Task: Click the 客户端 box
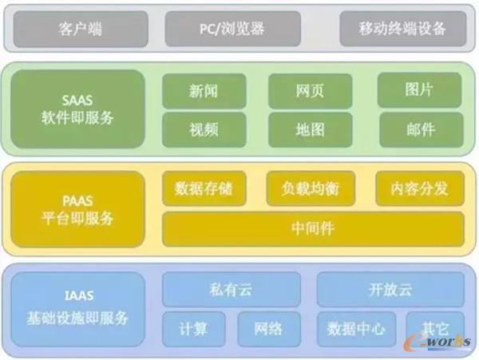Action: point(80,29)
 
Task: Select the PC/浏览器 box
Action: point(232,29)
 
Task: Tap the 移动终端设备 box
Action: point(403,29)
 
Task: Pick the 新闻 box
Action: point(204,90)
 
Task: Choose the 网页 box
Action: point(310,90)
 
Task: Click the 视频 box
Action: point(204,129)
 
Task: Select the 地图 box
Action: point(310,129)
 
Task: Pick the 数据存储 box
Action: point(204,188)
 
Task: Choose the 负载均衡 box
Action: point(310,188)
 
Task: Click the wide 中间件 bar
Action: point(313,228)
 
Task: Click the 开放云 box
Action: point(390,289)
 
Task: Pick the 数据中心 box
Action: point(356,327)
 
